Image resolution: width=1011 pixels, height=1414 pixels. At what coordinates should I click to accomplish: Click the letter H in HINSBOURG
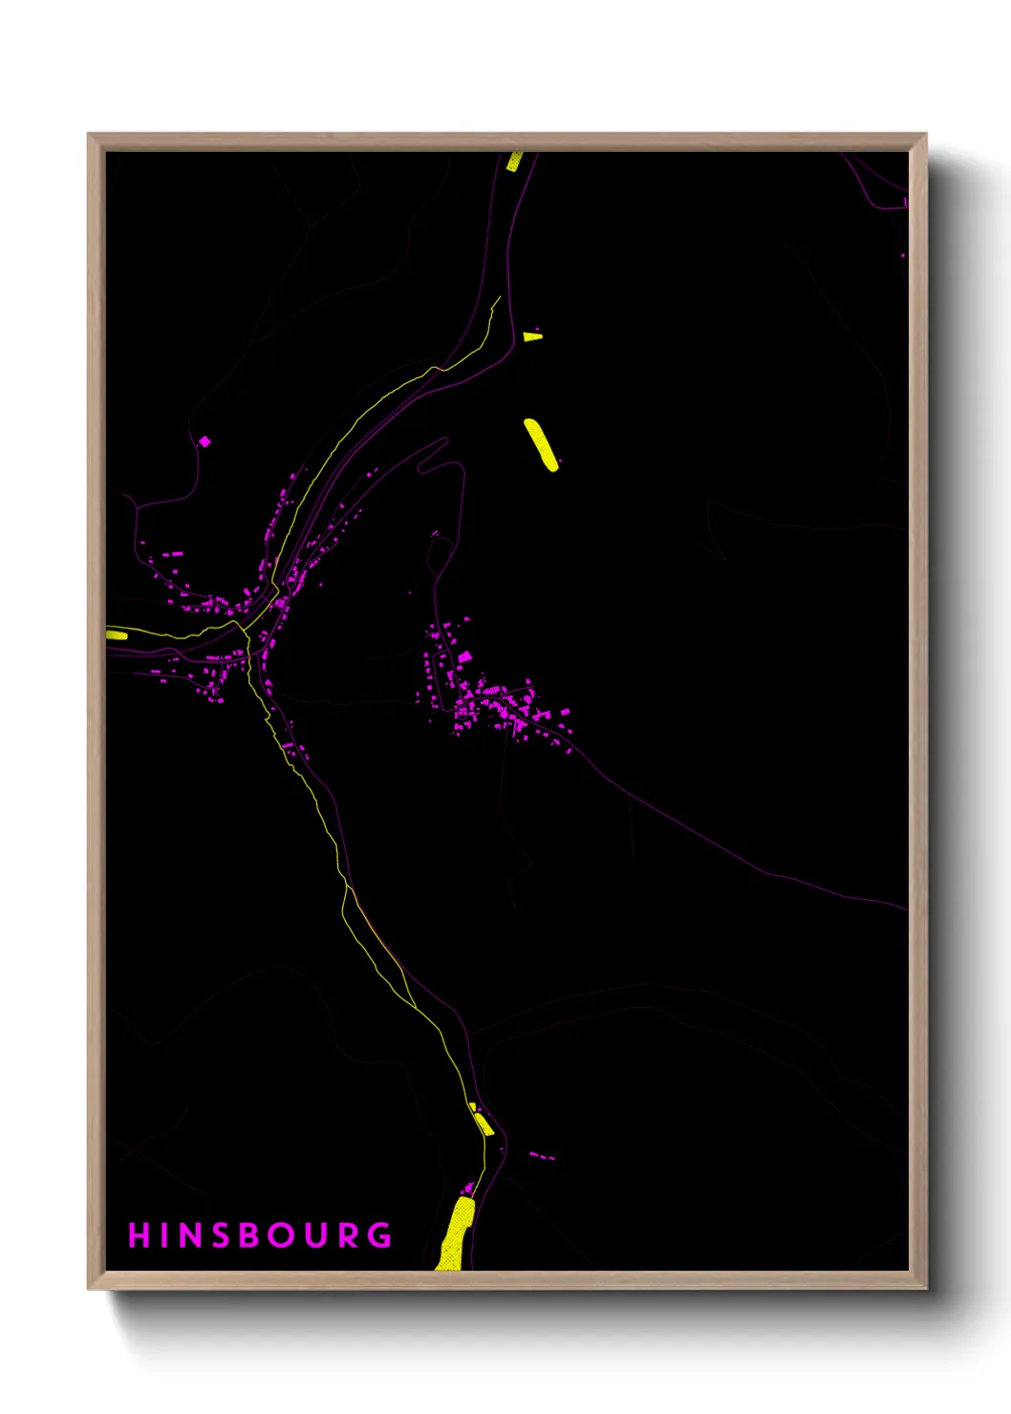click(140, 1235)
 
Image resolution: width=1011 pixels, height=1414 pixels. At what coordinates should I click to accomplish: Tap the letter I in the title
click(166, 1235)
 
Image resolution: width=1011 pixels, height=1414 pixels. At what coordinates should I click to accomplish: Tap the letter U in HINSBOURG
click(318, 1235)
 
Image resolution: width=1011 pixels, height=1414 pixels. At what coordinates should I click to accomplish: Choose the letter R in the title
click(350, 1235)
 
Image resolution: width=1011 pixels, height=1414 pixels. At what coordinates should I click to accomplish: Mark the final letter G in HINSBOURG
click(380, 1235)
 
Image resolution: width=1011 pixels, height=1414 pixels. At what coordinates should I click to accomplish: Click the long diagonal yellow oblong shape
click(541, 444)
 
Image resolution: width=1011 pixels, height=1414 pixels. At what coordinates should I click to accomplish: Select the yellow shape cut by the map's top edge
click(514, 161)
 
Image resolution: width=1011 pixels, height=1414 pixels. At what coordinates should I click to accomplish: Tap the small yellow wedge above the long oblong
click(532, 336)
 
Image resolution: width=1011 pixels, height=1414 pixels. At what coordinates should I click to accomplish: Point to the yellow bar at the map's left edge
click(117, 634)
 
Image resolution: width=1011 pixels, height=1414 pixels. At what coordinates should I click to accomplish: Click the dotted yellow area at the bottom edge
click(455, 1234)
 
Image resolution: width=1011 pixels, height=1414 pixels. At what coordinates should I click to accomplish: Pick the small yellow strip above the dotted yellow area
click(483, 1123)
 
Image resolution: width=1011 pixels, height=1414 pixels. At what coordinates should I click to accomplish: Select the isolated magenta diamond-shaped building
click(204, 441)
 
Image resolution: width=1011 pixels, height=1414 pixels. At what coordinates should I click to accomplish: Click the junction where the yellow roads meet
click(247, 628)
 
